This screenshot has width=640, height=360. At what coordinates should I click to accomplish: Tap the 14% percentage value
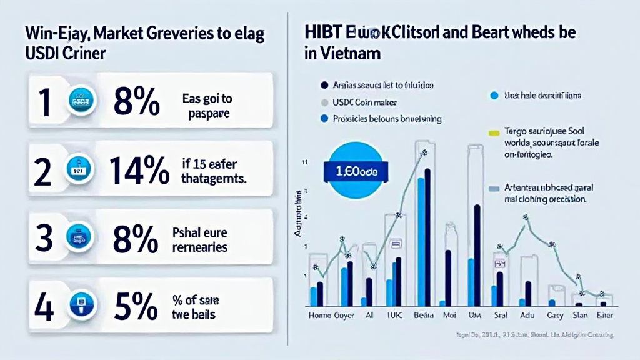click(139, 169)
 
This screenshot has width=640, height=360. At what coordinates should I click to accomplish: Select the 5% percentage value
click(136, 306)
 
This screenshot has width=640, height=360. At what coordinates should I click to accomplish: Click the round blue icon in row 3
click(79, 239)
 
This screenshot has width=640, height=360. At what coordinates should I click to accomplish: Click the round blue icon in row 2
click(79, 170)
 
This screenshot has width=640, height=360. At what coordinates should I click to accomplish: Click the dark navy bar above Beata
click(427, 237)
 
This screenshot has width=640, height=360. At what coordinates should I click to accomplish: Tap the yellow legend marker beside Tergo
click(493, 132)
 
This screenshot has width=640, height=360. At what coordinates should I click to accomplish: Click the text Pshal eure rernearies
click(199, 239)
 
